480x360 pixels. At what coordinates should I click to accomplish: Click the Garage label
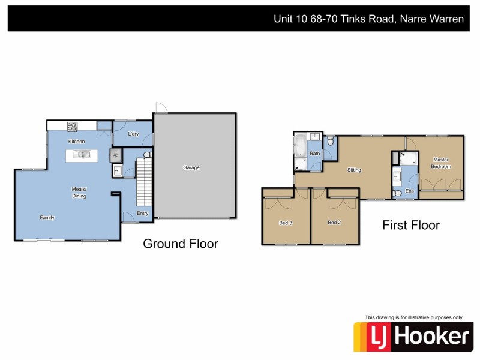(x=191, y=167)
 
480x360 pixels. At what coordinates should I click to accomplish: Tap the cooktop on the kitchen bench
(x=72, y=126)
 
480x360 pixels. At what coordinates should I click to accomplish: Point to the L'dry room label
(x=133, y=134)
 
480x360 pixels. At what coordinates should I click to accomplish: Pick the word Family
(x=47, y=217)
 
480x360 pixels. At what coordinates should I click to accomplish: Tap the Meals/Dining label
(x=79, y=193)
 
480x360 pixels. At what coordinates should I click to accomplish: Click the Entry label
(x=142, y=213)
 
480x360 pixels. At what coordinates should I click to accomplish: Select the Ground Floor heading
(x=180, y=244)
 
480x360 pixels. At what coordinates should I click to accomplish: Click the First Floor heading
(x=411, y=226)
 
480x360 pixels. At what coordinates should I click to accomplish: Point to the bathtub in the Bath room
(x=299, y=146)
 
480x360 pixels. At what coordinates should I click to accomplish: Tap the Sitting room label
(x=354, y=170)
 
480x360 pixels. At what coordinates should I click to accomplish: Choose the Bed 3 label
(x=286, y=223)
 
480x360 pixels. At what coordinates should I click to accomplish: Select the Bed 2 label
(x=334, y=223)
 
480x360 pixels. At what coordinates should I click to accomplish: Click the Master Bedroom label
(x=442, y=163)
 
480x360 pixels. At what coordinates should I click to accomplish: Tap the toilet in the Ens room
(x=396, y=194)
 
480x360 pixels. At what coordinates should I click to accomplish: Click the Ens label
(x=410, y=191)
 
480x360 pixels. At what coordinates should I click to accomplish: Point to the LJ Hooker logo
(x=412, y=336)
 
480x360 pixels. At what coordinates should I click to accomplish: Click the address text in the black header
(x=368, y=19)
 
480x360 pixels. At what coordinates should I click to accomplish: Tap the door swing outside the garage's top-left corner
(x=160, y=107)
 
